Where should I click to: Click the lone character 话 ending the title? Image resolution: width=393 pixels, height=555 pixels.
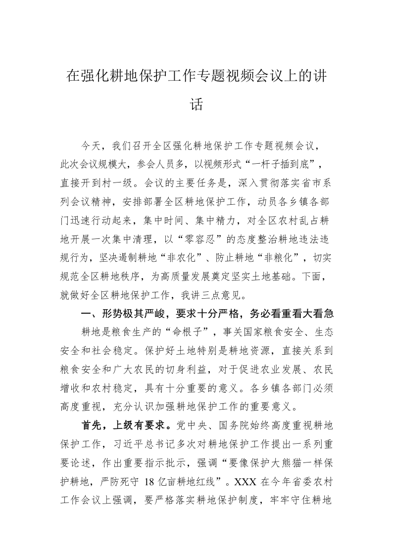(196, 105)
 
